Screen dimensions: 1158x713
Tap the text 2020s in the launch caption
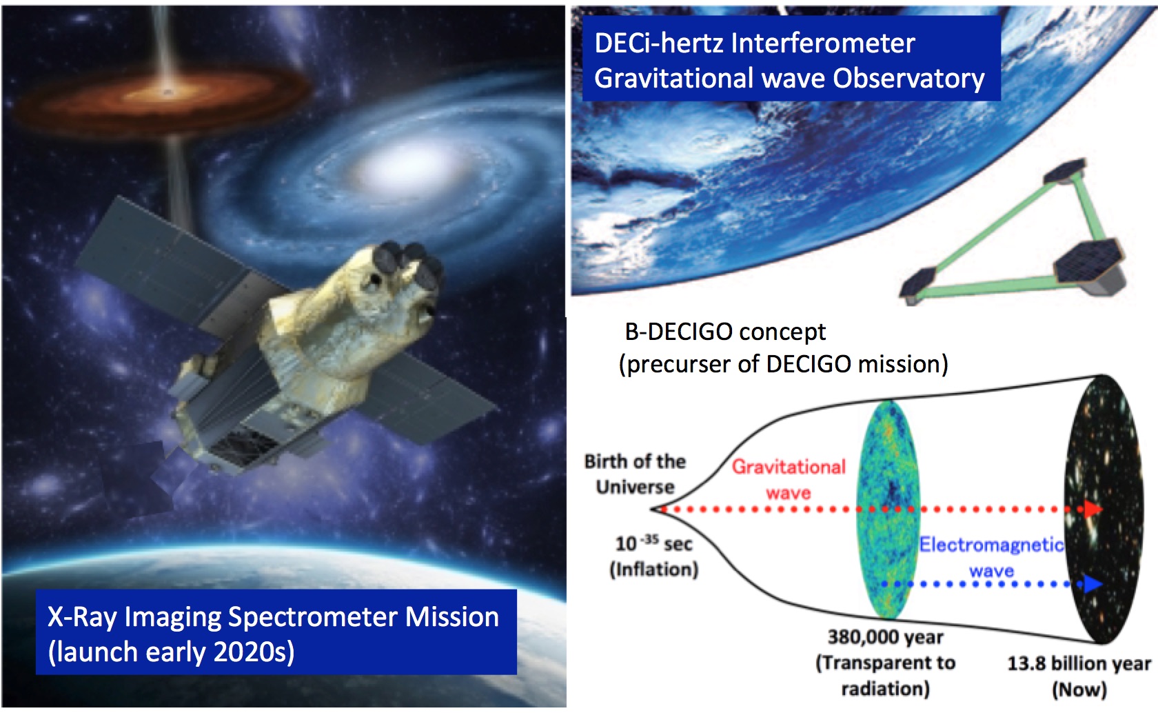254,652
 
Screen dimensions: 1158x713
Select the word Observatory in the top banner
908,79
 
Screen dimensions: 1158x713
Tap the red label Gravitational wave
789,480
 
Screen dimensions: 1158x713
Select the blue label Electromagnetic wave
991,557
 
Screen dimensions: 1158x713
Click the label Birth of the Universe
635,474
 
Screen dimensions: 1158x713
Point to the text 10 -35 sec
653,543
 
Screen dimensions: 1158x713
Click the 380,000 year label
886,637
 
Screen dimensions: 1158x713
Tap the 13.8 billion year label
1079,663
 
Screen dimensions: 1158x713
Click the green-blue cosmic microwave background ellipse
888,510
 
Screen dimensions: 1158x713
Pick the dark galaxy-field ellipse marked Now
1104,510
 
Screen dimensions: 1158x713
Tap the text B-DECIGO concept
725,332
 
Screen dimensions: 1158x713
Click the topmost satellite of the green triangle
1064,171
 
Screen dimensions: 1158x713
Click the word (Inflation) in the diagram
654,570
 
